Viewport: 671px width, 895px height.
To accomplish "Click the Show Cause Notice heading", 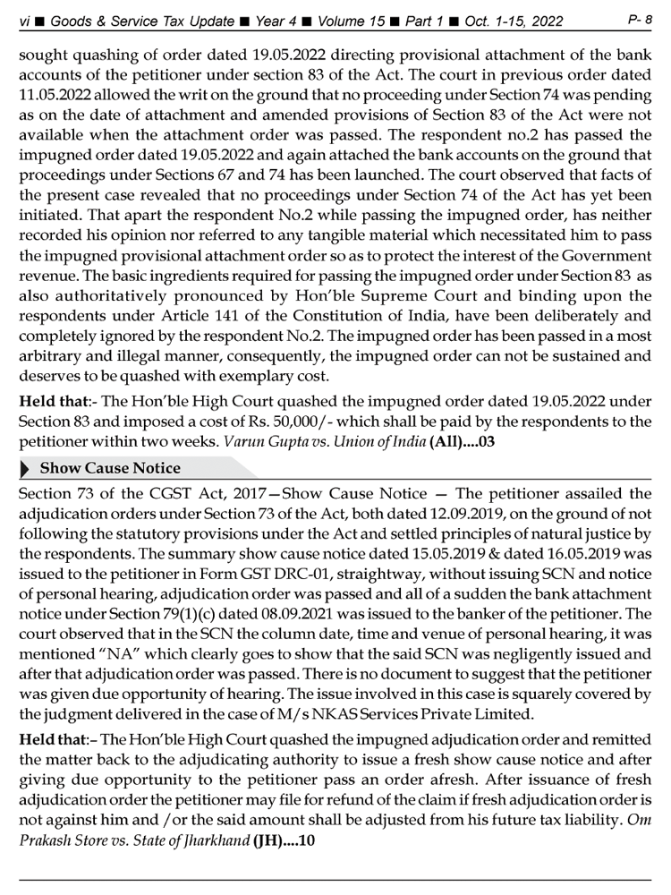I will [111, 467].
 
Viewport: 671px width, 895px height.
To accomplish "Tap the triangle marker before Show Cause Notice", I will [25, 467].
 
